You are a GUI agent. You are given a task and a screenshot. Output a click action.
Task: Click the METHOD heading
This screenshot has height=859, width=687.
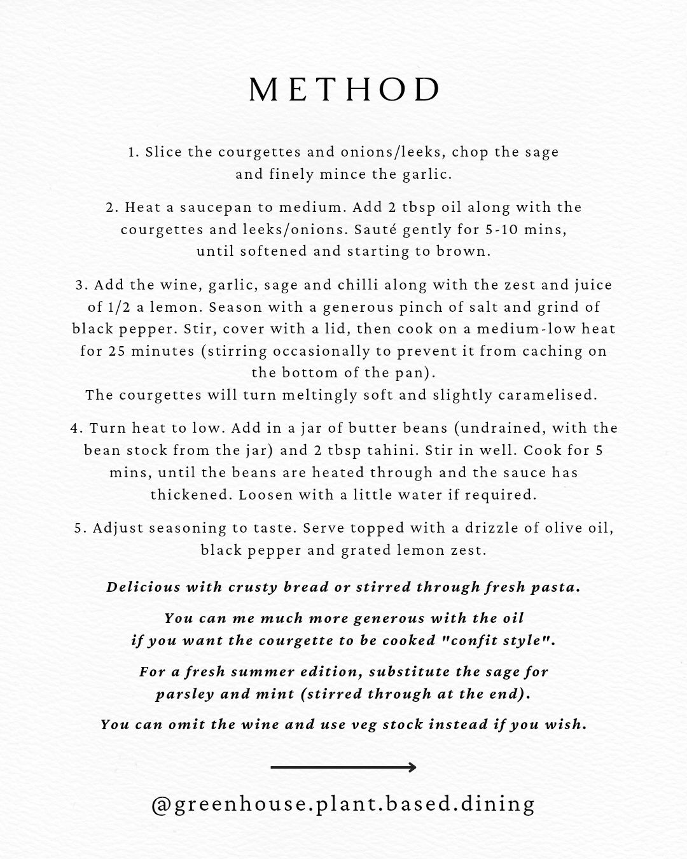tap(344, 90)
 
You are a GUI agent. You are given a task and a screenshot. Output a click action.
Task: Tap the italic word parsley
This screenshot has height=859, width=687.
tap(184, 694)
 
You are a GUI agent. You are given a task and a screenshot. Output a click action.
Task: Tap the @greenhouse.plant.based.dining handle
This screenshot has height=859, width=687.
tap(343, 804)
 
